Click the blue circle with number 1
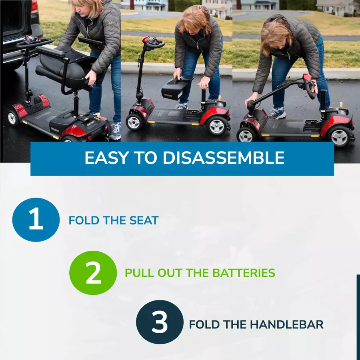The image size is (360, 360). (x=36, y=220)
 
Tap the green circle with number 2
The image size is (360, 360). (x=93, y=273)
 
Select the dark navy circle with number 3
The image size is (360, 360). (x=160, y=322)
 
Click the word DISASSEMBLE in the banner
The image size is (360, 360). (x=224, y=158)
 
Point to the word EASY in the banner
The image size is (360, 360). (x=106, y=158)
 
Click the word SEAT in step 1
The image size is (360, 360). (x=144, y=220)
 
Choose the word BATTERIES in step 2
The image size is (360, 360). (x=244, y=273)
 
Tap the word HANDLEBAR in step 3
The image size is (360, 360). (x=286, y=325)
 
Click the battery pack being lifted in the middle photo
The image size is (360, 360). (x=176, y=88)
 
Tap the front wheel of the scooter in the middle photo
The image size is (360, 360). (x=134, y=122)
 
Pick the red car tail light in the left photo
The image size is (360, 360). (x=34, y=6)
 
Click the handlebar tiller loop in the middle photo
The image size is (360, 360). (x=156, y=44)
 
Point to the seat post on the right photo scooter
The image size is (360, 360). (x=323, y=101)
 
